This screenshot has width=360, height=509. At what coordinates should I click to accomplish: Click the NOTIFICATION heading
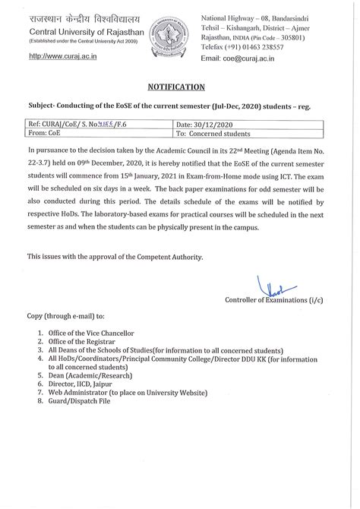pos(179,87)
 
